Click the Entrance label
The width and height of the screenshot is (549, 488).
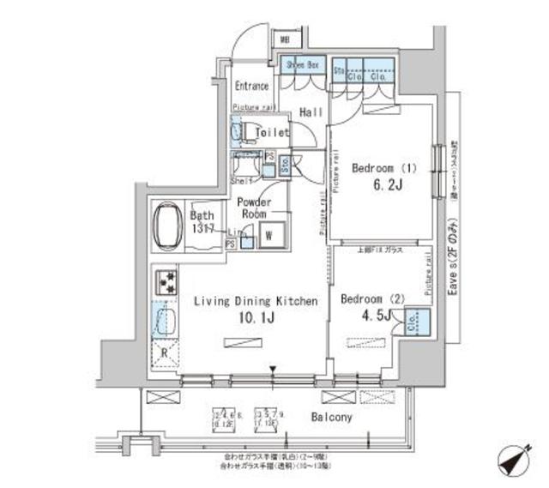(251, 87)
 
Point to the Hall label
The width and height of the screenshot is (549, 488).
(311, 112)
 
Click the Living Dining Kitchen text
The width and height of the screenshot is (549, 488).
(256, 301)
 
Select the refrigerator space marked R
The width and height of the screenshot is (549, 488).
(164, 352)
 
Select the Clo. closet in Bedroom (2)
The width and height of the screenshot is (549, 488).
(412, 323)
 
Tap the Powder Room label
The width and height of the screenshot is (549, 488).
(253, 207)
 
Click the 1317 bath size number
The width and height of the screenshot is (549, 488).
(202, 230)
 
